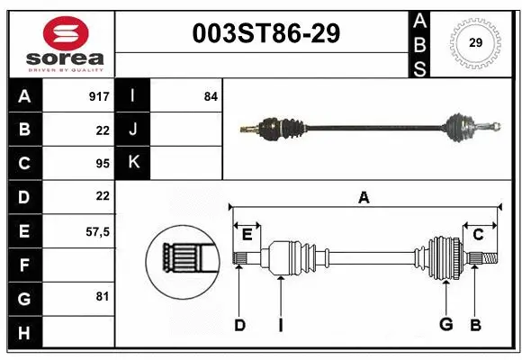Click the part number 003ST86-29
tap(267, 33)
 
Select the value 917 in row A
tap(98, 96)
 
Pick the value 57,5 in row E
tap(96, 231)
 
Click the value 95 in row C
tap(102, 164)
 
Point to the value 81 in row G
tap(102, 296)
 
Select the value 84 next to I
tap(211, 96)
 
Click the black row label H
tap(23, 334)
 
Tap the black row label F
tap(23, 265)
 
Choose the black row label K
tap(133, 163)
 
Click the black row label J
tap(133, 130)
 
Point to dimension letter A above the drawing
tap(364, 198)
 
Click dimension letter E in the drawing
tap(247, 235)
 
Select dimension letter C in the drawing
tap(479, 235)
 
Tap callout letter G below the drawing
tap(445, 325)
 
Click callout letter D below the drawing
tap(239, 325)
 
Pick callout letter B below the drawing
tap(476, 325)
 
